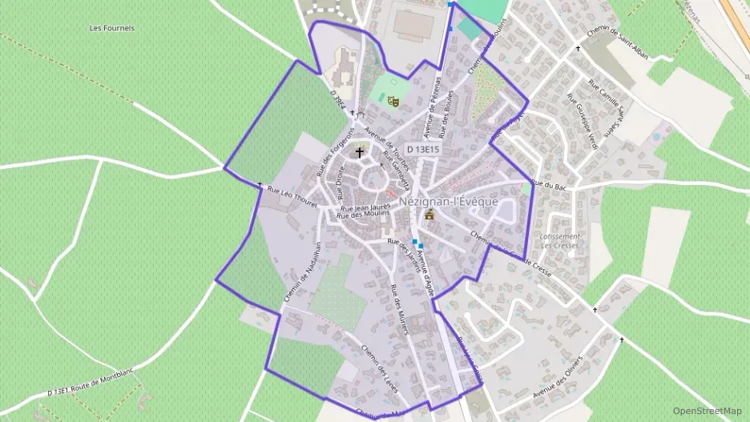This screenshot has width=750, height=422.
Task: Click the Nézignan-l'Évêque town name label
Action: click(448, 202)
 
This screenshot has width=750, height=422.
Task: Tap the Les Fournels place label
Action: click(112, 28)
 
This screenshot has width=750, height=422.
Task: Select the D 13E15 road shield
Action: click(422, 149)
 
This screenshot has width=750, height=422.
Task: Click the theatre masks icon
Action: click(393, 101)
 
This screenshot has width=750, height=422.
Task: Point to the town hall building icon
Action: click(429, 215)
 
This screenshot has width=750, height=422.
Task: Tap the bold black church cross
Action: click(360, 151)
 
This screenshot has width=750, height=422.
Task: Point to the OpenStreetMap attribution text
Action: click(707, 411)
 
